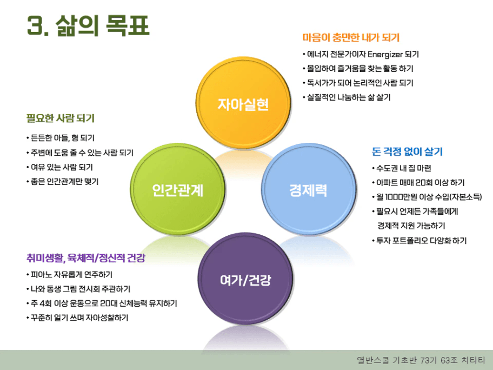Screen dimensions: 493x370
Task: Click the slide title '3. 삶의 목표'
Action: tap(88, 25)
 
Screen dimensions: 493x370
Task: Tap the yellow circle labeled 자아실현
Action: tap(243, 103)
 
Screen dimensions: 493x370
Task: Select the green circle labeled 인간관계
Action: tap(178, 189)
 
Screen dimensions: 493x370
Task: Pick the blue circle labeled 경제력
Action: tap(309, 189)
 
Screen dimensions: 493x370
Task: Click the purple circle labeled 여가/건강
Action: tap(245, 279)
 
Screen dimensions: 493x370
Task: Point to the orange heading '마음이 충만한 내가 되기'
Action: tap(351, 38)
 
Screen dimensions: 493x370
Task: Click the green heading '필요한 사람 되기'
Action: tap(61, 118)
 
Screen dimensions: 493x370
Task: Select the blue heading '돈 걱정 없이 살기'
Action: tap(407, 151)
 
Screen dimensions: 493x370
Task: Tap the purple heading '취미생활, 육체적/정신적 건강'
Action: tap(86, 258)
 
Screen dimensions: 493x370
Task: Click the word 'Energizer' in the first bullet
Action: tap(385, 55)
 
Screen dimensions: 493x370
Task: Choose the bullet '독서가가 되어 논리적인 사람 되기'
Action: tap(358, 83)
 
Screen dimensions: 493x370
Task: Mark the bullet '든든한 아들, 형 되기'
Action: tap(61, 138)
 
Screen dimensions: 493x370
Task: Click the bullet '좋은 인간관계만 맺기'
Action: tap(63, 182)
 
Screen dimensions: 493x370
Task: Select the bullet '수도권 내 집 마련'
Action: tap(402, 168)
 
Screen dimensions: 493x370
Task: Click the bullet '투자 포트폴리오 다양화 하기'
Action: tap(419, 241)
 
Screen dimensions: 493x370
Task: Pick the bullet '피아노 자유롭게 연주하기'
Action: tap(70, 275)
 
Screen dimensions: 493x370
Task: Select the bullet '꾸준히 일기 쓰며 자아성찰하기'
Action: tap(77, 318)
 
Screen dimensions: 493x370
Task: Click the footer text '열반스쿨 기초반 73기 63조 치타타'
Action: tap(421, 360)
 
